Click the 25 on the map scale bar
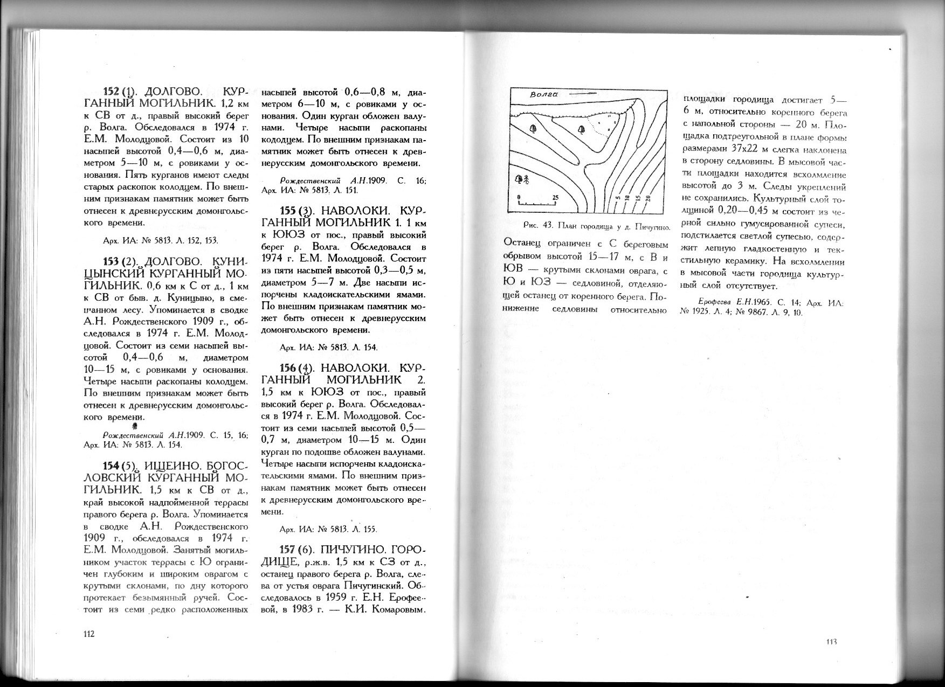(555, 198)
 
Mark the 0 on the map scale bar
(519, 198)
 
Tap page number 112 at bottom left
(89, 634)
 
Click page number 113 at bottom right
(830, 641)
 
